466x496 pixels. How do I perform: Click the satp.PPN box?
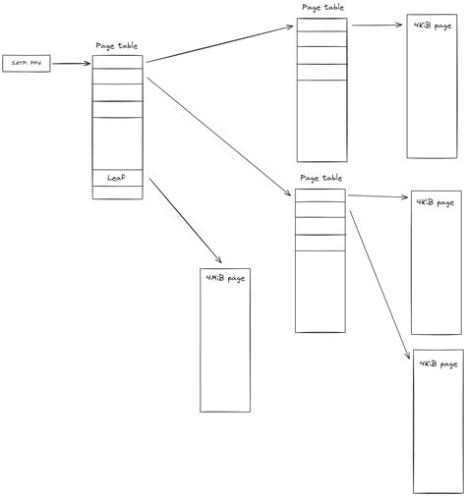tap(27, 64)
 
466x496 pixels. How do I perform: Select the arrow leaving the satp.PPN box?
tap(72, 64)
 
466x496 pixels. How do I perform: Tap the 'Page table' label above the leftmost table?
tap(118, 46)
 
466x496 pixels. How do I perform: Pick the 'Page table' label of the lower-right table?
tap(320, 179)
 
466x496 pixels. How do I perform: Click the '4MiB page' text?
tap(226, 279)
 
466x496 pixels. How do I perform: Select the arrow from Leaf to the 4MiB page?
tap(182, 221)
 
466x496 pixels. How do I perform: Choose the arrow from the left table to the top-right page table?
tap(221, 43)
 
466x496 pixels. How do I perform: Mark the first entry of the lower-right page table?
tap(320, 196)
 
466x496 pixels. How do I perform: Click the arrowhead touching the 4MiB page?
tap(218, 259)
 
